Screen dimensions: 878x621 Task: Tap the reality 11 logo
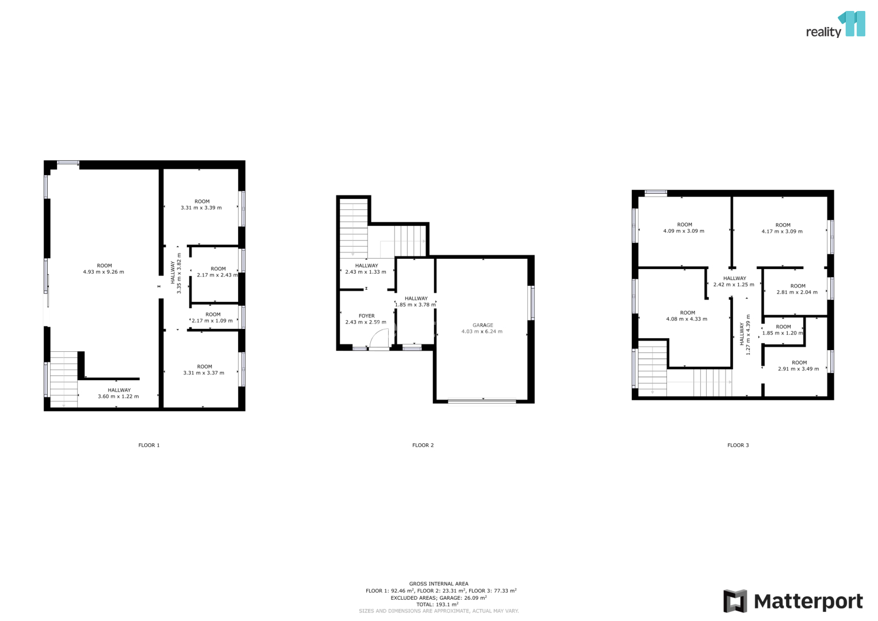[835, 24]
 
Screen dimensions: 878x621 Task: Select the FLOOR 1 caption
[149, 445]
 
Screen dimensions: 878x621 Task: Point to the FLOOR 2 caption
[423, 445]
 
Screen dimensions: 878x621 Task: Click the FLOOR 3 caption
[738, 445]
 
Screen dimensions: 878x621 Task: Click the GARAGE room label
[482, 325]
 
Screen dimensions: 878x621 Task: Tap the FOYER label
[366, 316]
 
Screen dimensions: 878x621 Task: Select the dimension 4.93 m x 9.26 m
[103, 271]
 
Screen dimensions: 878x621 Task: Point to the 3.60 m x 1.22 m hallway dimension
[118, 396]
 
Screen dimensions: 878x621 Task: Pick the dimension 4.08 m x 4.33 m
[687, 319]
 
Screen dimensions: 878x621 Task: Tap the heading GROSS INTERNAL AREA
[439, 584]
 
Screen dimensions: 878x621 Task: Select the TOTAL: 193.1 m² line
[438, 604]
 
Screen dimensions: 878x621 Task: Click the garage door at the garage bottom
[482, 401]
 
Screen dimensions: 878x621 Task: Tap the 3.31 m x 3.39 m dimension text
[201, 208]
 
